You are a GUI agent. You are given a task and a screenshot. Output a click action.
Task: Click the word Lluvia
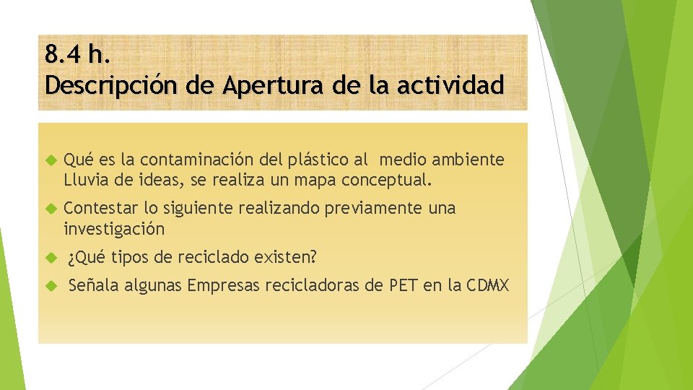click(86, 178)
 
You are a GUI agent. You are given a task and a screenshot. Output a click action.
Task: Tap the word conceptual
click(388, 178)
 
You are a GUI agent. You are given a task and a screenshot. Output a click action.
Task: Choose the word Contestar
click(101, 209)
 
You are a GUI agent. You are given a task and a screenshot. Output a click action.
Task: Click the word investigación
click(114, 229)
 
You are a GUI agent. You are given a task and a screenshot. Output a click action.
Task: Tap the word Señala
click(94, 286)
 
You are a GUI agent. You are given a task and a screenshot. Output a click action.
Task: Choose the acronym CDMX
click(487, 286)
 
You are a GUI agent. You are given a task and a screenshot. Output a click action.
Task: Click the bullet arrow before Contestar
click(51, 209)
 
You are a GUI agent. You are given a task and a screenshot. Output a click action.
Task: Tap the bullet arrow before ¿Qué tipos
click(51, 258)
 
